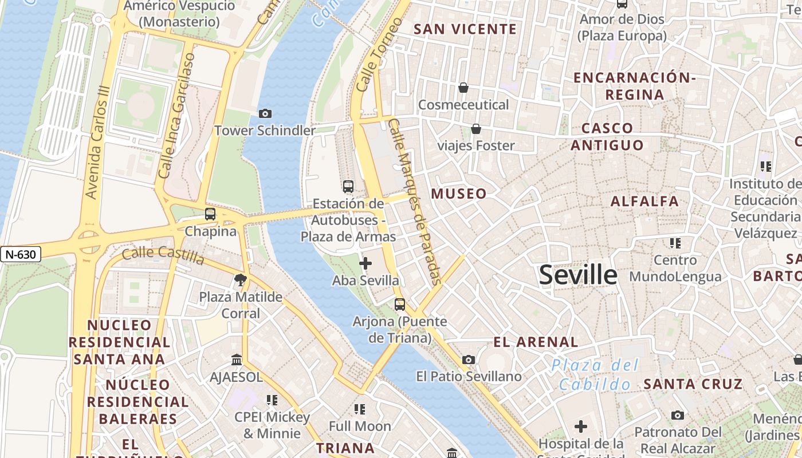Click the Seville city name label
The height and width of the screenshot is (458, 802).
578,275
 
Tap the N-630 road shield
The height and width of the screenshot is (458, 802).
21,254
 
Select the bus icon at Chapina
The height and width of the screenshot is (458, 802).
210,214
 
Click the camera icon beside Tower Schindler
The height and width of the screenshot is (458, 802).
265,113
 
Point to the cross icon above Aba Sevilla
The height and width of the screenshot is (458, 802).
365,263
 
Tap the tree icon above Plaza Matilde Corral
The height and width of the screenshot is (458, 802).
241,280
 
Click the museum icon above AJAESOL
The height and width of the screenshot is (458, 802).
236,360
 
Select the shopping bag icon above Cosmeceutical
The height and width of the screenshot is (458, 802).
463,88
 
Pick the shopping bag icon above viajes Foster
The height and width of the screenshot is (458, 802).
475,129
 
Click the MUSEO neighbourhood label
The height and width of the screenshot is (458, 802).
459,194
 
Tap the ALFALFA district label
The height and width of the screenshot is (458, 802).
644,201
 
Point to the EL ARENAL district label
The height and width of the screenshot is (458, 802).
536,342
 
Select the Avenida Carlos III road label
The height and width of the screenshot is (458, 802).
96,143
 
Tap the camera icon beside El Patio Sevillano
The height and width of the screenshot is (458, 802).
469,360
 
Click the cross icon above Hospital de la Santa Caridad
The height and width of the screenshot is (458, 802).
581,427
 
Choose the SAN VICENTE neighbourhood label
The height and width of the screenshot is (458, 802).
465,29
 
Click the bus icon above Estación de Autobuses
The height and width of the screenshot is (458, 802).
348,186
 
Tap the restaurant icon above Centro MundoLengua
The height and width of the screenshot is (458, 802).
675,243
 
